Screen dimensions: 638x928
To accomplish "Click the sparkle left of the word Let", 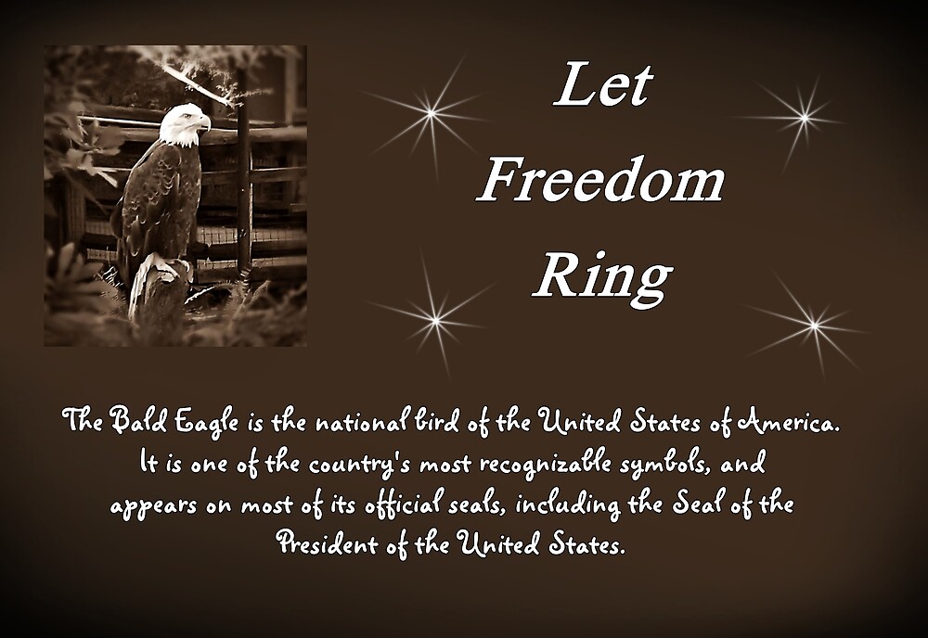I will pos(431,113).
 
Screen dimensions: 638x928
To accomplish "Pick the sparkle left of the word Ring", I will pos(435,320).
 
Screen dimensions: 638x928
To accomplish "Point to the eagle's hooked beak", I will pos(204,121).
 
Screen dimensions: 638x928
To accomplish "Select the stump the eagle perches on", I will pos(160,287).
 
